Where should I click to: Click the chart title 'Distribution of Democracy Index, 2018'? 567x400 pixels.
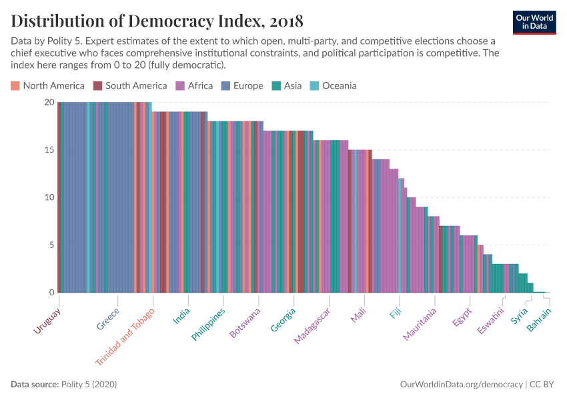[157, 21]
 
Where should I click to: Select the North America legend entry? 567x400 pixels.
[47, 85]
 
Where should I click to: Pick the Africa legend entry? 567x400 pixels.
[194, 85]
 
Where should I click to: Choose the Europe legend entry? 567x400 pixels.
[243, 85]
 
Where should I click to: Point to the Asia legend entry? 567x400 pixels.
[287, 85]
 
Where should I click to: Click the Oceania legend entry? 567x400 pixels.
[333, 85]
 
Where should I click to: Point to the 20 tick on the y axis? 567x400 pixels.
[49, 103]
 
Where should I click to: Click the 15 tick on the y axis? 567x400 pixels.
[49, 150]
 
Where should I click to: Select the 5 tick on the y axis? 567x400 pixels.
[51, 245]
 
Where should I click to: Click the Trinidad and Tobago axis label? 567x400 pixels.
[125, 336]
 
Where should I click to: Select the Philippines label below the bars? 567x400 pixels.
[209, 324]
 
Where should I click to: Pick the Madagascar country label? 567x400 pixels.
[312, 327]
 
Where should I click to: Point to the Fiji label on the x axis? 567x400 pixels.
[396, 314]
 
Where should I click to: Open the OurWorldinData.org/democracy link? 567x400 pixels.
[461, 385]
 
